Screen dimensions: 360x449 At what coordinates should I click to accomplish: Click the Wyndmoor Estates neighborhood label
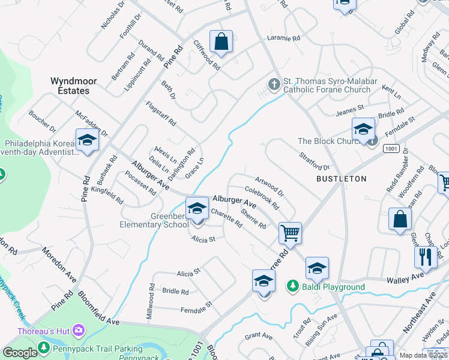point(70,86)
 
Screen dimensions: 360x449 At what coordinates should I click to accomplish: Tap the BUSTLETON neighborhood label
point(342,179)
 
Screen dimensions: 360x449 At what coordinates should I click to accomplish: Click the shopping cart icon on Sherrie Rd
point(291,232)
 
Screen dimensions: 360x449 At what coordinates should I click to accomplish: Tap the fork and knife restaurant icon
point(426,256)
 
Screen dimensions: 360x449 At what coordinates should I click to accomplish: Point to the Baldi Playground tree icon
point(293,287)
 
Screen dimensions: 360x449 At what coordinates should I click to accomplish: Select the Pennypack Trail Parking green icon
point(44,347)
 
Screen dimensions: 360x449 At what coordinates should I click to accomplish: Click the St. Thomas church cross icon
point(275,84)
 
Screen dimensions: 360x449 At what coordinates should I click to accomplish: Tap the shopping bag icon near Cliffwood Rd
point(221,42)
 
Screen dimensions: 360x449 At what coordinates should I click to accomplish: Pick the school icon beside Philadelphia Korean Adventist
point(87,140)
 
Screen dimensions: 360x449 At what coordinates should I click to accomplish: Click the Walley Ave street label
point(405,278)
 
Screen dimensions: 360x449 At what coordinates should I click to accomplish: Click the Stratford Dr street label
point(315,161)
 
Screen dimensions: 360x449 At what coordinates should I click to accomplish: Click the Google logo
point(20,353)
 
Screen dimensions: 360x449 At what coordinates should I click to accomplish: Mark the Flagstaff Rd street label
point(161,113)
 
